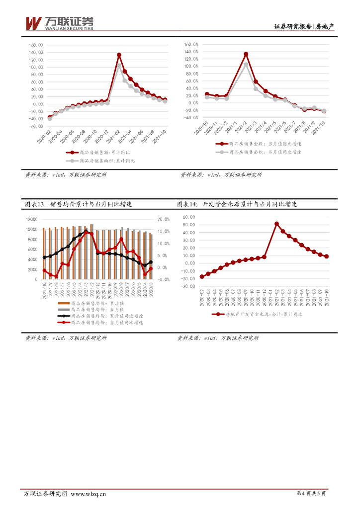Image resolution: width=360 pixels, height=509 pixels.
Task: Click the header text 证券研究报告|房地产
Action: click(x=304, y=27)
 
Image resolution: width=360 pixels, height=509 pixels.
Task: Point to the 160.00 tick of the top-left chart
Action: click(x=36, y=45)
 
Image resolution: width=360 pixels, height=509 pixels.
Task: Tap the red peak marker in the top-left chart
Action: click(x=119, y=55)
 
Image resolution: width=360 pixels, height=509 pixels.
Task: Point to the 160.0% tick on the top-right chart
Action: click(x=191, y=44)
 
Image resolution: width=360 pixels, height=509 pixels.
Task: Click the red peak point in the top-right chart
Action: click(x=246, y=54)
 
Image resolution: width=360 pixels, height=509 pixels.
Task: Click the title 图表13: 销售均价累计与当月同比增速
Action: click(x=81, y=204)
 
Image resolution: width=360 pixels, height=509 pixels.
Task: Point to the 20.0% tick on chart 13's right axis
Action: click(x=163, y=219)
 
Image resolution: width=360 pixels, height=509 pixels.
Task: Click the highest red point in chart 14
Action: click(x=276, y=224)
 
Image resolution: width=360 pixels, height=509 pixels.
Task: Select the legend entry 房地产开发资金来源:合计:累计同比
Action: click(x=264, y=314)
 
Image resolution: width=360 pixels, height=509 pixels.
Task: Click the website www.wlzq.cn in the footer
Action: click(x=89, y=494)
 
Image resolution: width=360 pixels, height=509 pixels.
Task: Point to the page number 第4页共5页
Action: click(x=311, y=494)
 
